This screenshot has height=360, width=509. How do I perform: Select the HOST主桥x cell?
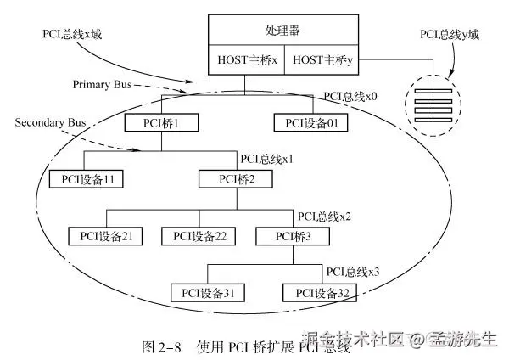[x=247, y=61]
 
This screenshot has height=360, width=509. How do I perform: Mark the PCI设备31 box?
[x=206, y=293]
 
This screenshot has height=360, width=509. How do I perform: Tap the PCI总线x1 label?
[x=269, y=158]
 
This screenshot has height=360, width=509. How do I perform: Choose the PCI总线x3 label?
[x=352, y=272]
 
